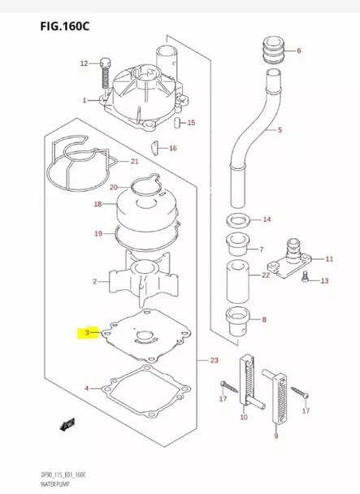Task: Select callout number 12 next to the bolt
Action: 83,63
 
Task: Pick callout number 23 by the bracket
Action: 214,361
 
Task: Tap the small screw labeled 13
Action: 305,279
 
